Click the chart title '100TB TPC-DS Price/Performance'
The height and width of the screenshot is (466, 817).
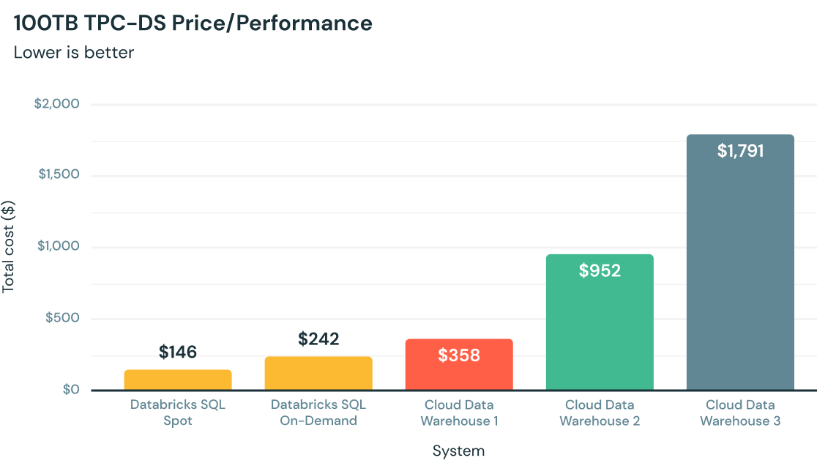(x=193, y=23)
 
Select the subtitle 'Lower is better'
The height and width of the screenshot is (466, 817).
(x=73, y=53)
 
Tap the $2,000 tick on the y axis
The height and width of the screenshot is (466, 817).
(x=56, y=104)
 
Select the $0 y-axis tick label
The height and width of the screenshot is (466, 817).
(x=70, y=390)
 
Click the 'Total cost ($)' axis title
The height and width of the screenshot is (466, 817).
(x=8, y=247)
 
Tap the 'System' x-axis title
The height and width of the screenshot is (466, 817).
(x=458, y=450)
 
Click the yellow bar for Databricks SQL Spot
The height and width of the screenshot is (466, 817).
(x=178, y=380)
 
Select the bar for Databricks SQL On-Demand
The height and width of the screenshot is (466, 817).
(x=318, y=373)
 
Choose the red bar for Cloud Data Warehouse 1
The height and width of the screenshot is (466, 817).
(x=459, y=374)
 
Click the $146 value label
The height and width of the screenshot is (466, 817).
(x=178, y=352)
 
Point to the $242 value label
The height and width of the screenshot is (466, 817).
(x=318, y=339)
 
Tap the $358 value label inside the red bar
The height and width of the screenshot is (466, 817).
(x=459, y=356)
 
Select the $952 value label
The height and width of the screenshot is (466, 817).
(x=600, y=270)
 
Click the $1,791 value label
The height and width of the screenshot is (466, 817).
(x=740, y=152)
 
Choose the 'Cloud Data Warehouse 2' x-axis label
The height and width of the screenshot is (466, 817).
(x=600, y=413)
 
